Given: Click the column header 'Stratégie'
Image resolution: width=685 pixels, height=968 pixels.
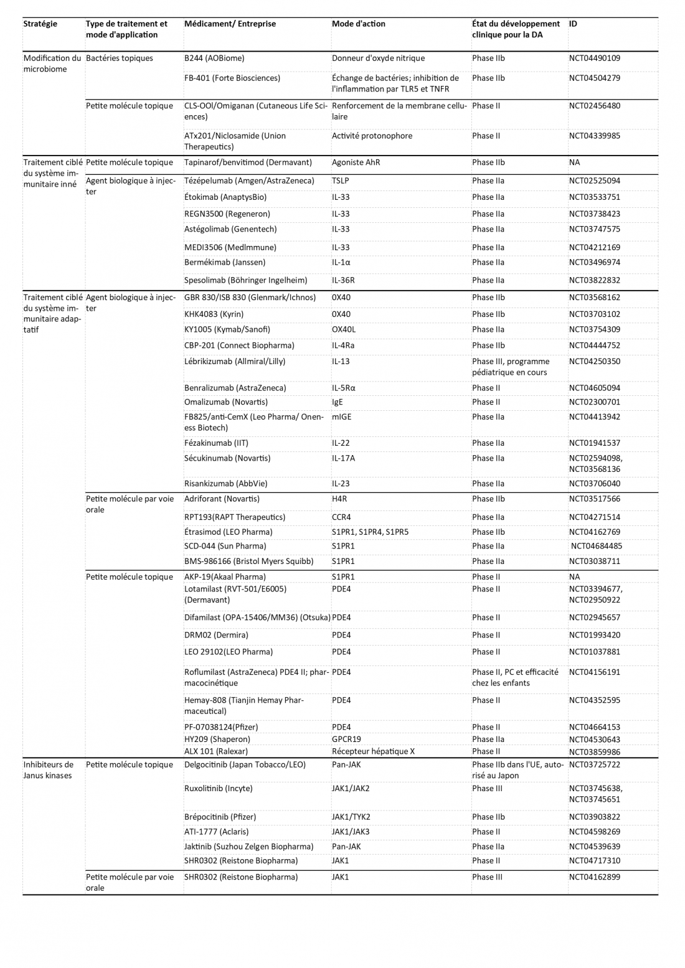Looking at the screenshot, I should pos(40,24).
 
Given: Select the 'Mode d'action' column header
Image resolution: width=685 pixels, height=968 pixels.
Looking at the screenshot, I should pos(358,24).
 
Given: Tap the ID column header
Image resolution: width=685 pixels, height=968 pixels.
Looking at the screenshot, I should pos(573,24).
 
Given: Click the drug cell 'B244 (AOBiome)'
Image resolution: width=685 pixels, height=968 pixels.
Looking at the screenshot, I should pos(214,58).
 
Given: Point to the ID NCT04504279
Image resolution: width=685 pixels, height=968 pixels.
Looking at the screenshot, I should pos(594,78).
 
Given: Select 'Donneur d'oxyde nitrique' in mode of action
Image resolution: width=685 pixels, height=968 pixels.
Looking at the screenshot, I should pos(378,58).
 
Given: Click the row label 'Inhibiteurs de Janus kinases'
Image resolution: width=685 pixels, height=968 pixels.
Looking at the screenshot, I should pos(49,770).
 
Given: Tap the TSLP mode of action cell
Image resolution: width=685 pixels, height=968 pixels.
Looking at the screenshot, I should pos(342,181).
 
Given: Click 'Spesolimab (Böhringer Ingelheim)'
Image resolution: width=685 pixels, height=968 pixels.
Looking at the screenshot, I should pos(245,280).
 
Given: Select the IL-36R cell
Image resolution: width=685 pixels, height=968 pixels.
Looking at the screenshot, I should pos(343,280).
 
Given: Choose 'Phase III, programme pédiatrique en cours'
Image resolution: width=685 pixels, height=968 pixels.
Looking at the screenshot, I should pos(511,367).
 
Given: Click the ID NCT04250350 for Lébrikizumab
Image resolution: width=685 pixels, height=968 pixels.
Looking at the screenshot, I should pos(594,361).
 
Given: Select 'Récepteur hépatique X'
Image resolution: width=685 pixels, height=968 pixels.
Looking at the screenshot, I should pos(373,751).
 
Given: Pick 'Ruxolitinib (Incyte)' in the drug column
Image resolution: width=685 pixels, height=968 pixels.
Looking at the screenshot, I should pos(218,788).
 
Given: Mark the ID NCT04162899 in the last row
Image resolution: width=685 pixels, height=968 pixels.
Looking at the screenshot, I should pos(594,876).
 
